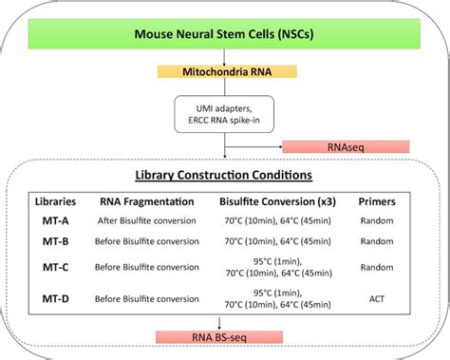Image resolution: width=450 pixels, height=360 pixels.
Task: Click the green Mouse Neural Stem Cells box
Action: [x=225, y=37]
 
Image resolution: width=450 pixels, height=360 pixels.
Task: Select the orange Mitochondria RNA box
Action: [x=226, y=71]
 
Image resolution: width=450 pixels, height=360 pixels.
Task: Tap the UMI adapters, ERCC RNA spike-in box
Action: [x=225, y=116]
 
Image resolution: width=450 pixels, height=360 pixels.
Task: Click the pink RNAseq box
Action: [x=346, y=146]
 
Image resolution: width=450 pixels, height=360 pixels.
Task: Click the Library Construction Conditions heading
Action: [x=224, y=177]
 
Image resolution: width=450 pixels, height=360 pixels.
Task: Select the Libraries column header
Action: [x=56, y=201]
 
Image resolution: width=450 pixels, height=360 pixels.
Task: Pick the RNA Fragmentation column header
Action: [x=146, y=201]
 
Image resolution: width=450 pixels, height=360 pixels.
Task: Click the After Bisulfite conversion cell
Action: [x=146, y=221]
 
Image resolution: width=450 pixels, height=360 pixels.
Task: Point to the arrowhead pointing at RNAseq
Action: [x=281, y=146]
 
